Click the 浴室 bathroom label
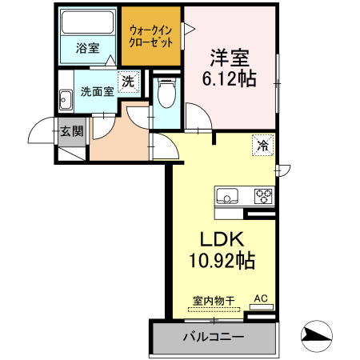point(87,48)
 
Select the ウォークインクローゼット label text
point(151,35)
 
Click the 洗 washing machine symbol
point(126,80)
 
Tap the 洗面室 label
point(96,90)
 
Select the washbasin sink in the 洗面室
point(66,99)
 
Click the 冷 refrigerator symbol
point(262,145)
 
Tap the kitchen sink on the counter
point(226,195)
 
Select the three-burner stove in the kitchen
point(263,195)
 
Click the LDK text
point(222,238)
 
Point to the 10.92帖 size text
point(222,260)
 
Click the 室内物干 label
point(213,301)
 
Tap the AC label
point(260,299)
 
